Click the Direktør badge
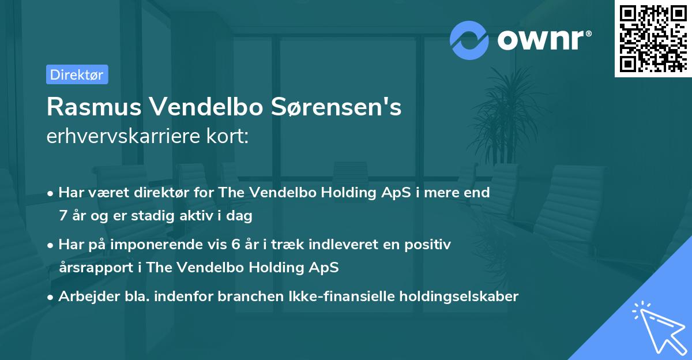coord(77,74)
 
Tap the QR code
coord(653,38)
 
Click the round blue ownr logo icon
coord(469,40)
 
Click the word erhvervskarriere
coord(119,137)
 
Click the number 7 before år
coord(62,216)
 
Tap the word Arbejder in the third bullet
coord(84,297)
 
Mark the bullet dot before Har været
coord(51,193)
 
